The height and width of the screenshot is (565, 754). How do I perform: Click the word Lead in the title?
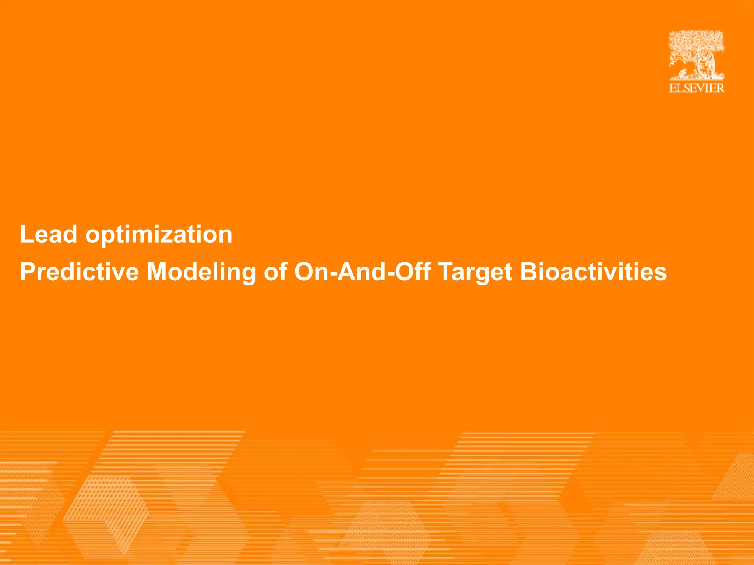pos(48,234)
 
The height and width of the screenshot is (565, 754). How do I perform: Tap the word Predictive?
pos(79,272)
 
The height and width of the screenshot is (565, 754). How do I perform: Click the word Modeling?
pos(201,272)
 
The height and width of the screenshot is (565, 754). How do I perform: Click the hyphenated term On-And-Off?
pos(362,272)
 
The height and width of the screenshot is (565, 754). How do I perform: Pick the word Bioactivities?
pos(593,272)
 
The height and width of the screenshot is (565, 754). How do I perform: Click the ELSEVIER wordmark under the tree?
pos(697,88)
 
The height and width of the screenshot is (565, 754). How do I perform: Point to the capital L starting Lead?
pos(27,234)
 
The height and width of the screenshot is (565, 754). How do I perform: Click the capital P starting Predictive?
pos(28,272)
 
